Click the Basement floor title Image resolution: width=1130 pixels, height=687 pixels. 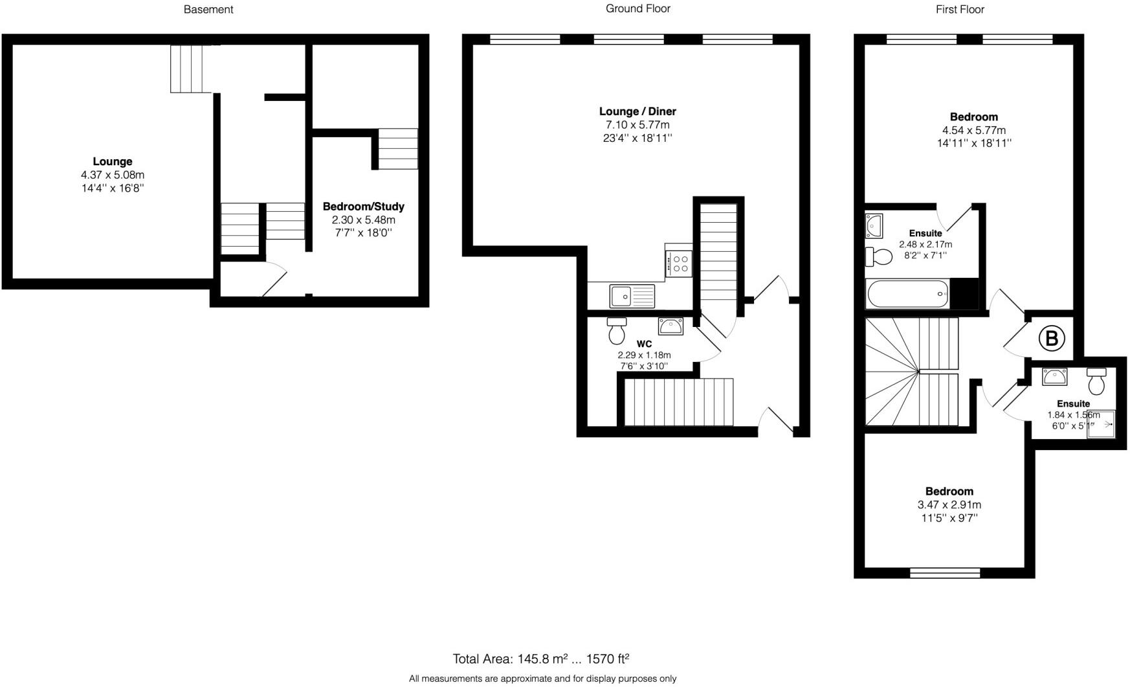[x=208, y=10]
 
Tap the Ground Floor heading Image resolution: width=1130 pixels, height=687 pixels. [x=637, y=8]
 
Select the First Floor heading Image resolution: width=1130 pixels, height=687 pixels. [x=959, y=10]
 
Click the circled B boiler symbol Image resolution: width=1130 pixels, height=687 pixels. [x=1051, y=338]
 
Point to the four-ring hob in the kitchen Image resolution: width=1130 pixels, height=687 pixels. [x=679, y=264]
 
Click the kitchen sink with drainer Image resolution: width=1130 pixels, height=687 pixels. [x=632, y=296]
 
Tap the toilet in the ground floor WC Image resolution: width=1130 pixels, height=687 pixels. [x=616, y=331]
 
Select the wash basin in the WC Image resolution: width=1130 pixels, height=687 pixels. [x=671, y=326]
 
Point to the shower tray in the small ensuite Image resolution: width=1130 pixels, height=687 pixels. [x=1102, y=425]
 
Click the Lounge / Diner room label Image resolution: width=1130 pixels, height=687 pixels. [x=637, y=111]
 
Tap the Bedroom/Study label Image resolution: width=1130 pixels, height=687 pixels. [x=363, y=207]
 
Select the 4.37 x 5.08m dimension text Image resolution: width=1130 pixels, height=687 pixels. [x=112, y=175]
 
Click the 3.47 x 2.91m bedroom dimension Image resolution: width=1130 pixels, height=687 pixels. [x=949, y=505]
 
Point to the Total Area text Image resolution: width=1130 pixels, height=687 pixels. [x=540, y=659]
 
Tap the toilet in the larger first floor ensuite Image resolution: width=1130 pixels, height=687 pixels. [x=879, y=257]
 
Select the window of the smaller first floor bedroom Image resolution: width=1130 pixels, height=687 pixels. [x=944, y=573]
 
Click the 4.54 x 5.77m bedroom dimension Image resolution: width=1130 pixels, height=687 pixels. [x=973, y=130]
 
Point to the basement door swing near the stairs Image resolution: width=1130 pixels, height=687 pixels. [x=274, y=279]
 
